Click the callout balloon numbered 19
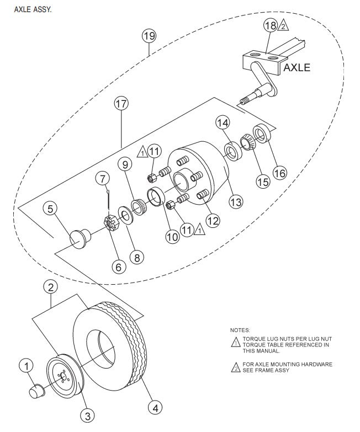click(x=149, y=36)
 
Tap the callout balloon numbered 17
click(x=121, y=103)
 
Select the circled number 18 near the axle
click(x=270, y=26)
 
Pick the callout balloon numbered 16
click(x=279, y=172)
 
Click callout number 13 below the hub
click(x=236, y=202)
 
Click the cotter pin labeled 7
click(x=110, y=193)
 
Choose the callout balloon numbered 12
click(x=213, y=220)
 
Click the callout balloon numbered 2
click(x=50, y=286)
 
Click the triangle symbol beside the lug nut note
click(x=235, y=342)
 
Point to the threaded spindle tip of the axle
click(x=244, y=100)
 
